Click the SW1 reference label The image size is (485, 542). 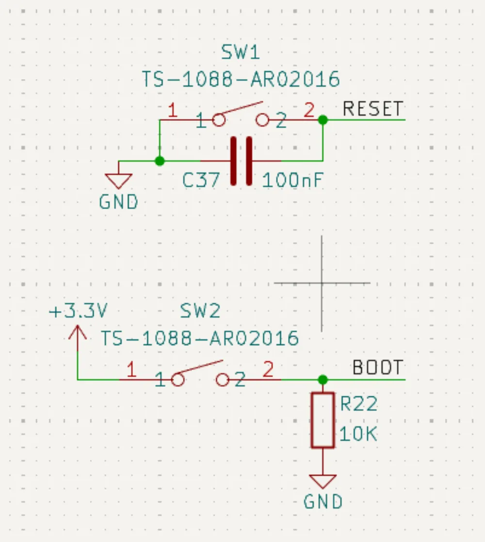(x=241, y=52)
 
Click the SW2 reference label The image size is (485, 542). (x=200, y=311)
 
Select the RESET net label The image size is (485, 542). (x=372, y=109)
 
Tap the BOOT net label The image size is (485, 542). (x=377, y=368)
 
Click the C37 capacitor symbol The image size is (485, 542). (x=241, y=161)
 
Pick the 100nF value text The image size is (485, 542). (x=292, y=181)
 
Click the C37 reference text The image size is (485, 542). (x=201, y=181)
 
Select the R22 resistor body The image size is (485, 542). (x=323, y=420)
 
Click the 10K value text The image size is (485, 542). (x=358, y=435)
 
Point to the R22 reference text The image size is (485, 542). (x=358, y=404)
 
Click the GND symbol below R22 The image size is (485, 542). (x=323, y=481)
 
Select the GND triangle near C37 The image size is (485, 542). (x=119, y=181)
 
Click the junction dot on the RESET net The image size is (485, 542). (x=323, y=119)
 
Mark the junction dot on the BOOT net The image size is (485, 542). (x=323, y=379)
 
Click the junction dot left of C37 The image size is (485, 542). (x=159, y=161)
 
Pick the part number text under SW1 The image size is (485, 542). (x=241, y=79)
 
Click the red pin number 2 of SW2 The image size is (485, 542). (x=268, y=370)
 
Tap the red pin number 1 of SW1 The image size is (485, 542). (x=172, y=111)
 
